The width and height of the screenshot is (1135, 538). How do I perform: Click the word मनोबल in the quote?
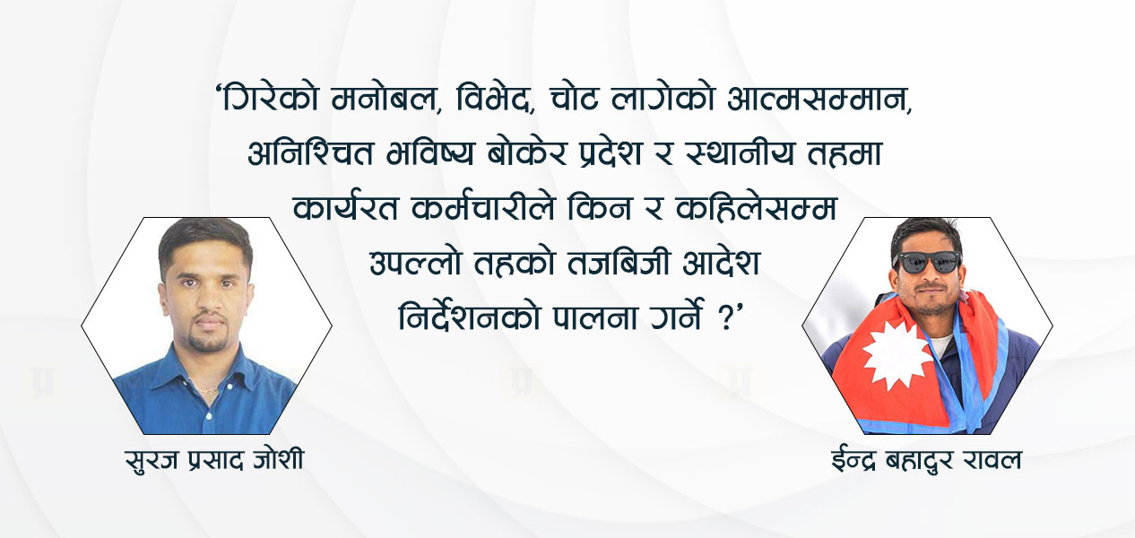coord(385,99)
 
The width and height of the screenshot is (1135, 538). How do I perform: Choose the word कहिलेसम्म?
coord(756,208)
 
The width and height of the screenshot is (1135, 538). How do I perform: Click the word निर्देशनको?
coord(469,317)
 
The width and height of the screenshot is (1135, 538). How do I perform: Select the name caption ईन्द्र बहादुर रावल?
coord(926,460)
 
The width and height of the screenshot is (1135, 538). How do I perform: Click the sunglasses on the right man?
coord(927,263)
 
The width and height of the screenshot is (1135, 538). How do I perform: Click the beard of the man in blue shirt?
coord(209,337)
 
